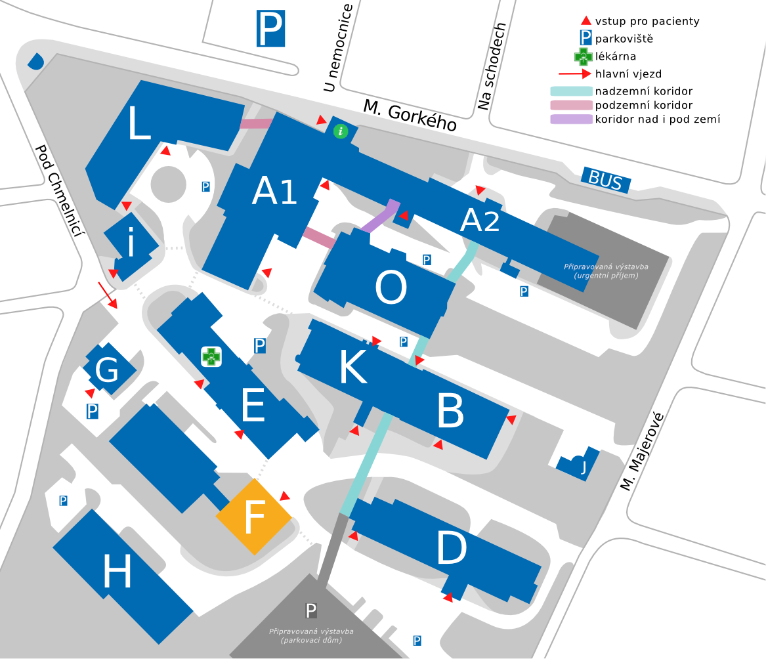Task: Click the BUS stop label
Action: point(606,180)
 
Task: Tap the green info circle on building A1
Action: point(341,131)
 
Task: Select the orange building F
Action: point(254,517)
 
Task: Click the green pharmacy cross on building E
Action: point(211,356)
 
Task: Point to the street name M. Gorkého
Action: point(410,116)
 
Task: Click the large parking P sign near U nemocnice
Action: point(270,30)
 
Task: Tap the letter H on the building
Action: point(117,571)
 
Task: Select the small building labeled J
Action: point(578,463)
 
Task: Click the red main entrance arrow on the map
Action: point(108,295)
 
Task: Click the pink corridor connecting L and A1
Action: point(257,123)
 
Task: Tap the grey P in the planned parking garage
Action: point(310,610)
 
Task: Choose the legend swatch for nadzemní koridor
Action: point(571,91)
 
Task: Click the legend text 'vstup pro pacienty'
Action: point(647,21)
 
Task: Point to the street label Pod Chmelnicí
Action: point(59,190)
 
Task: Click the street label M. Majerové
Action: point(642,452)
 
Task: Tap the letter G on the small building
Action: point(106,370)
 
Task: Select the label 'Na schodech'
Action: point(492,66)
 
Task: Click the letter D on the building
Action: point(452,548)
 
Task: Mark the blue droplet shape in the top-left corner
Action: point(35,61)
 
